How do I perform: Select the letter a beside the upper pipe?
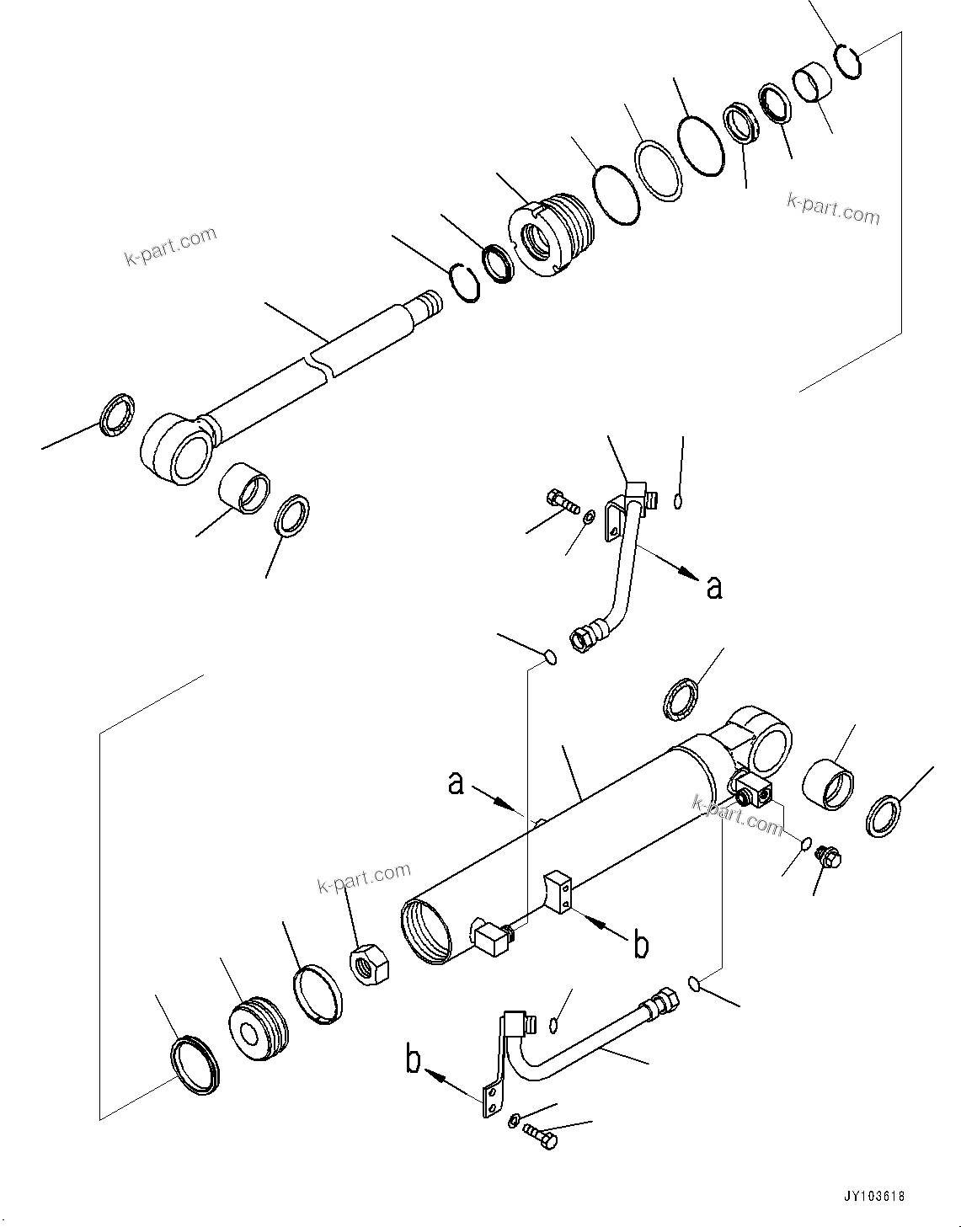pos(714,587)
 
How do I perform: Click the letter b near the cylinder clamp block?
pos(641,945)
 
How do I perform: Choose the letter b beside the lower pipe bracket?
pos(414,1060)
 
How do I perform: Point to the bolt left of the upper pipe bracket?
pos(563,501)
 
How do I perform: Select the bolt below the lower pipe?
pos(540,1134)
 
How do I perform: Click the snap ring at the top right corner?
pos(848,62)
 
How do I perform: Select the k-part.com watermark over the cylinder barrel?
pos(738,815)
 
